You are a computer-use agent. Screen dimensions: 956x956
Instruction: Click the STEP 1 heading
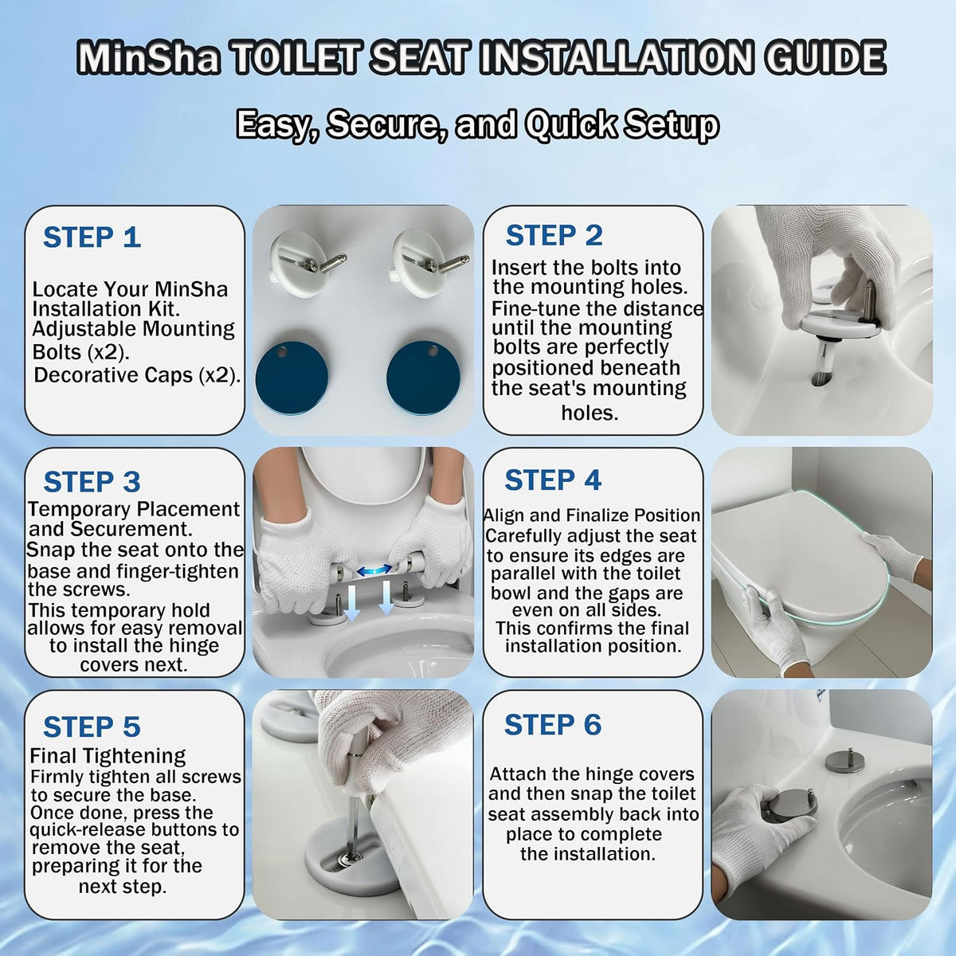92,237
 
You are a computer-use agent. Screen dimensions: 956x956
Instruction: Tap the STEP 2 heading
554,235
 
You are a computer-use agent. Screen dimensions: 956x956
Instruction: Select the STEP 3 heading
92,482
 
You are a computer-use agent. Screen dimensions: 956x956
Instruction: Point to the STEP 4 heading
553,480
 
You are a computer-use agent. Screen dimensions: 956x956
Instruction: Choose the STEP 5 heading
92,727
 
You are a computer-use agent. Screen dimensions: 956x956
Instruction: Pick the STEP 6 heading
553,725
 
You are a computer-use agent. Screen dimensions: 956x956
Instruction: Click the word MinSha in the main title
148,59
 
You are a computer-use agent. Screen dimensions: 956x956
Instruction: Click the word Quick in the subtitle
570,124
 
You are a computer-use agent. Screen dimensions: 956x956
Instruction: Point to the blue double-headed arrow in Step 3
374,570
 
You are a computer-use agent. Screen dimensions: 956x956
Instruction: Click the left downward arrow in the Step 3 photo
351,601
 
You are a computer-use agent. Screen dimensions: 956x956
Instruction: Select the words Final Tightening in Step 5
108,756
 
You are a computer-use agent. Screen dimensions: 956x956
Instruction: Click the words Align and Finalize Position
592,515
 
